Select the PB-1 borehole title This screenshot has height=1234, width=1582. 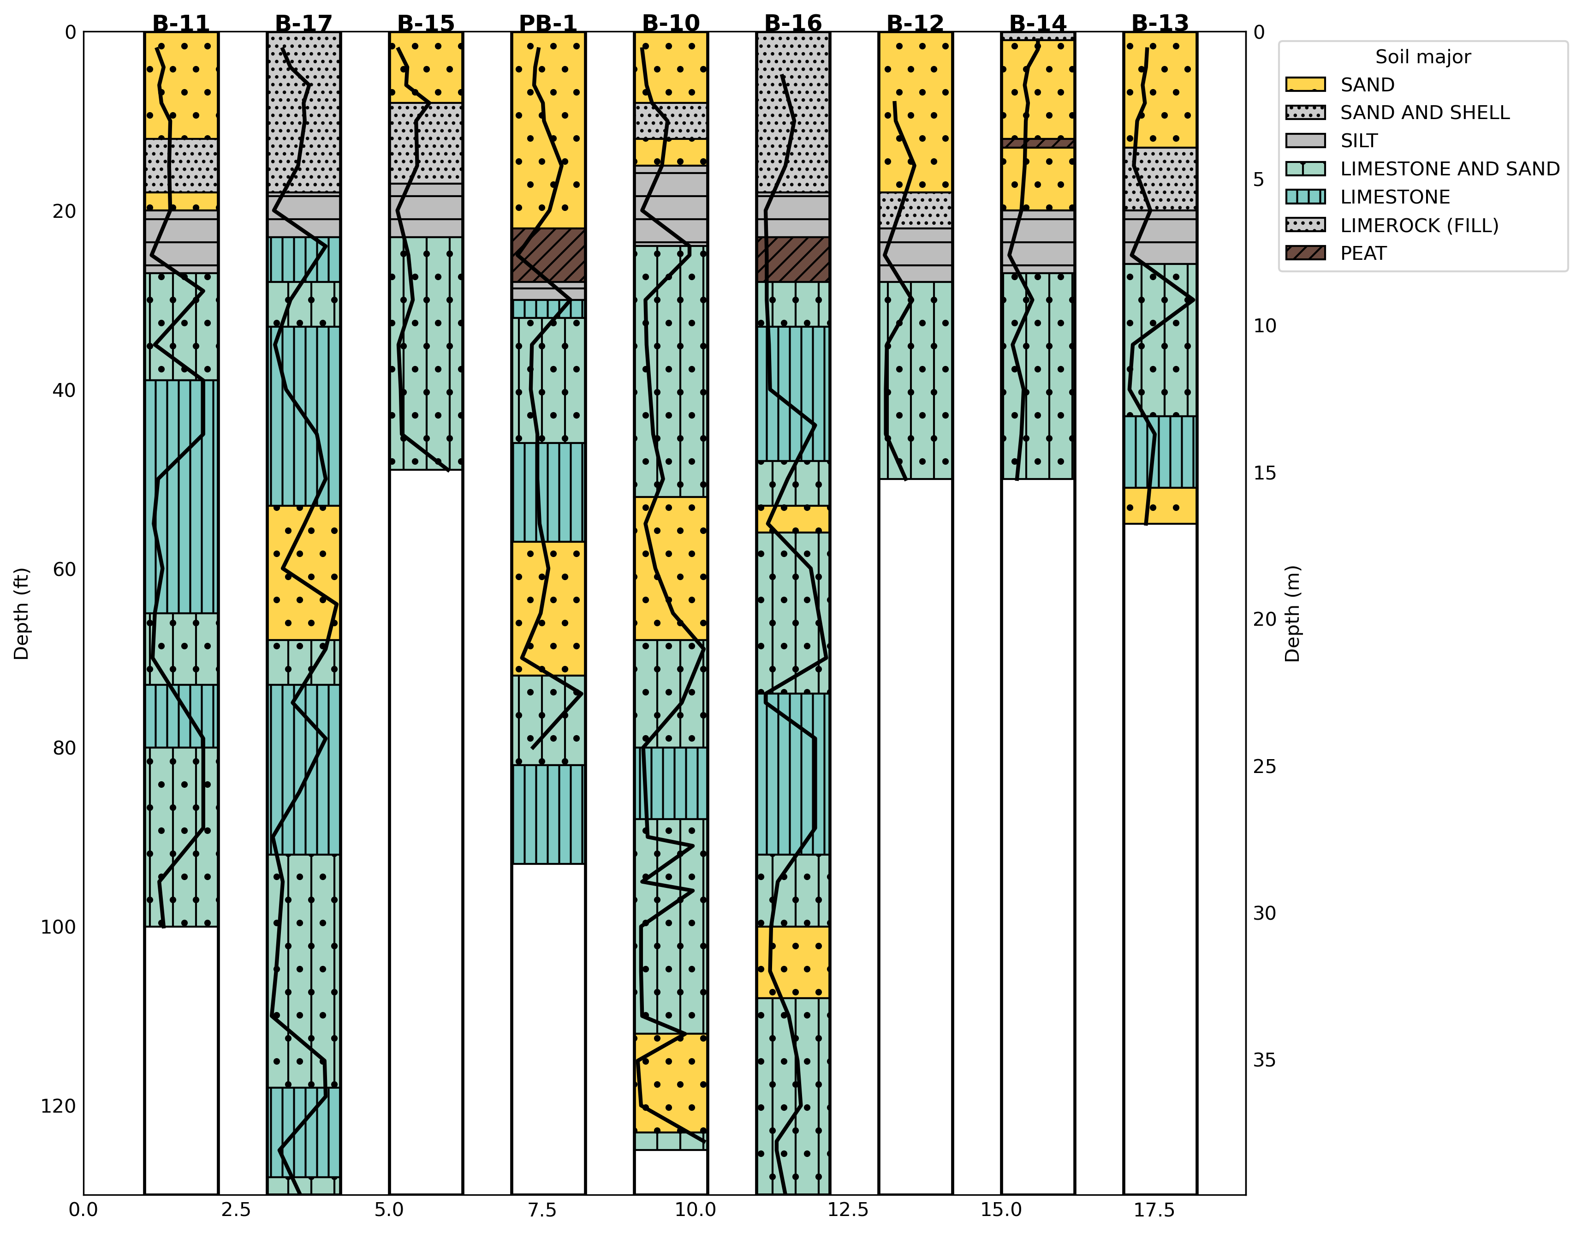click(x=548, y=23)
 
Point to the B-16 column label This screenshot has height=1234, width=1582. click(x=793, y=23)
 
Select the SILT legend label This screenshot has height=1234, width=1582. click(x=1359, y=141)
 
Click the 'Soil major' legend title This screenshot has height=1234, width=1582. click(x=1422, y=56)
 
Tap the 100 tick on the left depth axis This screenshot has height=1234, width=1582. click(x=58, y=927)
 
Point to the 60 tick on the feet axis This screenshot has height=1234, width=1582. click(x=64, y=569)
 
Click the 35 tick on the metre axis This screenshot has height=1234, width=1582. click(x=1265, y=1060)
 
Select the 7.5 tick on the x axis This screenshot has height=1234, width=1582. click(x=542, y=1210)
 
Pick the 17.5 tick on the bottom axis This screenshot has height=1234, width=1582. click(x=1154, y=1210)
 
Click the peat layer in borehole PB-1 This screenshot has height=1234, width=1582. click(x=548, y=255)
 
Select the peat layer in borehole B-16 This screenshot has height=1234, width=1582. click(x=793, y=259)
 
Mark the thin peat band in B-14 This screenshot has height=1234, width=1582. click(x=1038, y=143)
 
